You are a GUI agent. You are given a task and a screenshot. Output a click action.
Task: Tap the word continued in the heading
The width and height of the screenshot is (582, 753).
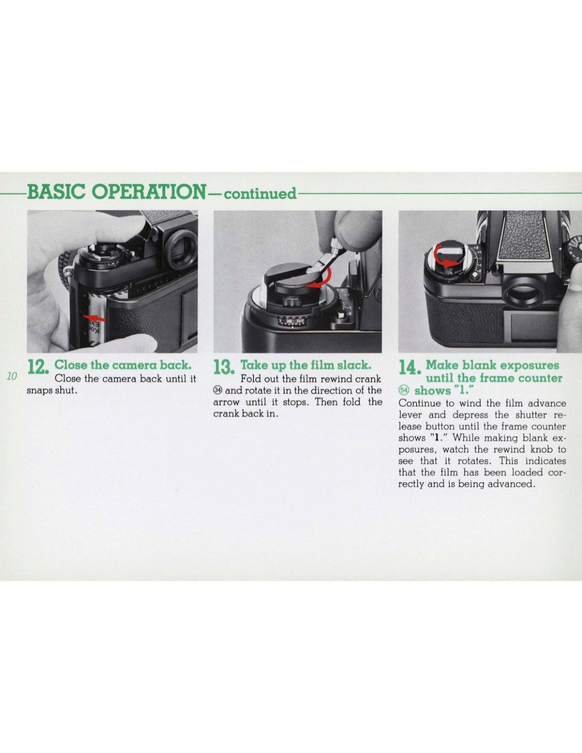pyautogui.click(x=260, y=193)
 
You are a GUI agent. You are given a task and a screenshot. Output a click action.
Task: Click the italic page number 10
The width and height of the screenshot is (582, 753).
pyautogui.click(x=12, y=376)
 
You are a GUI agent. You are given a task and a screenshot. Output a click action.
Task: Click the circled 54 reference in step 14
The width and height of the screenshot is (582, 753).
pyautogui.click(x=404, y=390)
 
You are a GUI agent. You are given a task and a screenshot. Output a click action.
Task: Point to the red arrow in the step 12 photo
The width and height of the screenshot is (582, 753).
pyautogui.click(x=95, y=317)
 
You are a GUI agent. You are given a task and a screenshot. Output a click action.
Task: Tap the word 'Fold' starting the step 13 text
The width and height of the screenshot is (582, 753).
pyautogui.click(x=250, y=378)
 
